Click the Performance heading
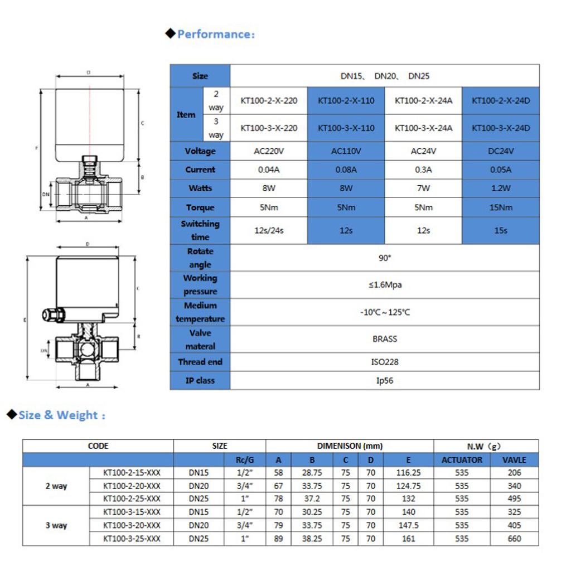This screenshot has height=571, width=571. (215, 34)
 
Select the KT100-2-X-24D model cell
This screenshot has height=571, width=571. (501, 101)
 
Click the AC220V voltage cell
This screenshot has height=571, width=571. (269, 151)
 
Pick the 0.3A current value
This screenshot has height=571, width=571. (423, 170)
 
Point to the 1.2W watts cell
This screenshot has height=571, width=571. (501, 188)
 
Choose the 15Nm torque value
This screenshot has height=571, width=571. (501, 207)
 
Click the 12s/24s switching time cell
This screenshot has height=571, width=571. (269, 230)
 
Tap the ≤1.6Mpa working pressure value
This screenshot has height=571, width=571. (385, 285)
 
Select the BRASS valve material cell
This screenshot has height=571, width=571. (385, 338)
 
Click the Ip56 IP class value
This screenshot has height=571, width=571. (385, 381)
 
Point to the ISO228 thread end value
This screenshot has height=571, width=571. (385, 362)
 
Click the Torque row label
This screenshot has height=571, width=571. (200, 207)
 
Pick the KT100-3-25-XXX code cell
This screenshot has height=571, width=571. (132, 539)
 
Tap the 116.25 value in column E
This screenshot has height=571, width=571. (408, 472)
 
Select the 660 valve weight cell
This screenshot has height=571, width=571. (514, 539)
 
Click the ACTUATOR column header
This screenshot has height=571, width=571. (462, 460)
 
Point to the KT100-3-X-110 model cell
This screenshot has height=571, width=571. (346, 128)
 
